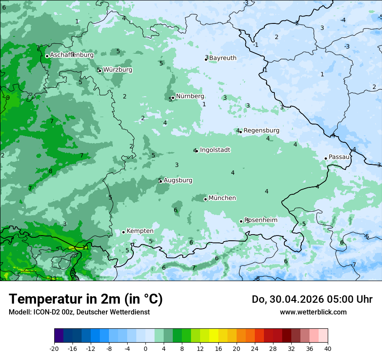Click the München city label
click(222, 198)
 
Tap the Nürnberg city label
click(190, 96)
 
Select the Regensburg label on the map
click(261, 131)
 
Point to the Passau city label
click(339, 157)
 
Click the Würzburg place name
click(118, 70)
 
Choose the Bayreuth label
click(223, 58)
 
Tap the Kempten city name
click(140, 231)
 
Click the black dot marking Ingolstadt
click(197, 151)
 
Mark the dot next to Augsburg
click(161, 181)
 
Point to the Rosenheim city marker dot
click(241, 222)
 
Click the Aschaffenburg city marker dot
click(47, 56)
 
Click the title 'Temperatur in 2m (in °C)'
click(86, 299)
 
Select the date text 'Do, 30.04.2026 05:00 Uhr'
click(312, 299)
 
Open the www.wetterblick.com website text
click(313, 312)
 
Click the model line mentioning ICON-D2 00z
click(79, 312)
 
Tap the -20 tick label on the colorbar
click(54, 349)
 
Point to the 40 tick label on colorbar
click(328, 349)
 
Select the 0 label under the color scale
click(145, 349)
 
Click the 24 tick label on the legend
click(255, 349)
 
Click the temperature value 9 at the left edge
click(8, 98)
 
